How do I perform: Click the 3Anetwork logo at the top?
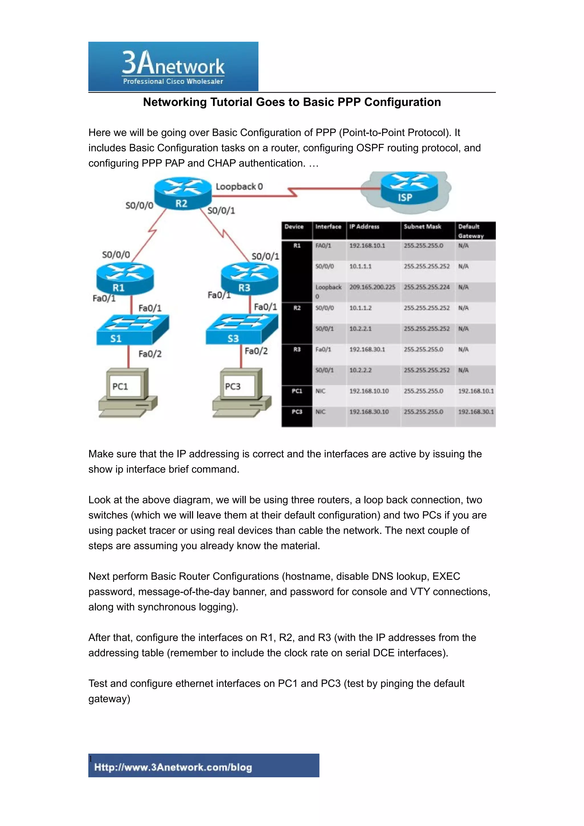coord(173,67)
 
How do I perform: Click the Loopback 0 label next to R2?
coord(239,186)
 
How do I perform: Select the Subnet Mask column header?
coord(422,227)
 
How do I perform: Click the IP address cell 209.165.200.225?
coord(372,287)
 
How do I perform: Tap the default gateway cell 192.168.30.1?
coord(476,412)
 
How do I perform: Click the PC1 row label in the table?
coord(297,391)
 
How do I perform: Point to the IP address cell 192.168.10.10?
coord(369,391)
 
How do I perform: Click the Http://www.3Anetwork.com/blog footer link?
coord(173,767)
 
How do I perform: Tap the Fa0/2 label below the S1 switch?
coord(150,354)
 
